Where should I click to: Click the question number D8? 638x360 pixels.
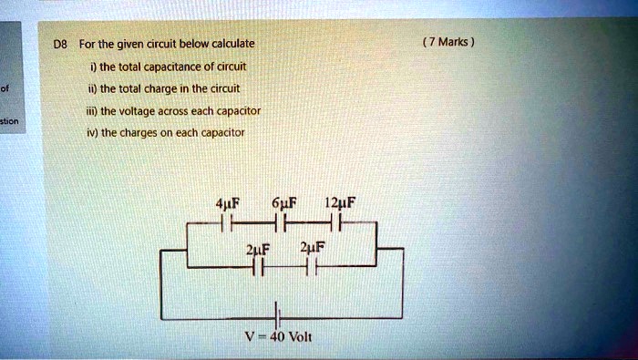coord(60,43)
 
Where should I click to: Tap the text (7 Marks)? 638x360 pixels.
coord(449,42)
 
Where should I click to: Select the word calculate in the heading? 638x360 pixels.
coord(232,43)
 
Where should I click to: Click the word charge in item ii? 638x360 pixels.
coord(184,88)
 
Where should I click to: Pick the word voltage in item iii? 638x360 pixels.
coord(154,110)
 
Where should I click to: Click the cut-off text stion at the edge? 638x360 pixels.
coord(9,119)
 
